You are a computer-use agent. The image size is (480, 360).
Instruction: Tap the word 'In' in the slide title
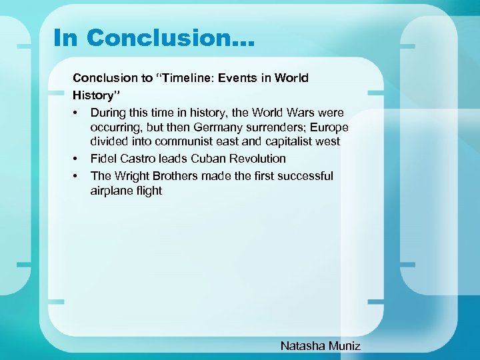66,38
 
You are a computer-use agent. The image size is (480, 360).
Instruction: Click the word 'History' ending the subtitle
93,95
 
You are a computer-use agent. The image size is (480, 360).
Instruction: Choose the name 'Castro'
138,159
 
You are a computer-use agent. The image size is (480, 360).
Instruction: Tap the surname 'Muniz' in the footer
344,345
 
